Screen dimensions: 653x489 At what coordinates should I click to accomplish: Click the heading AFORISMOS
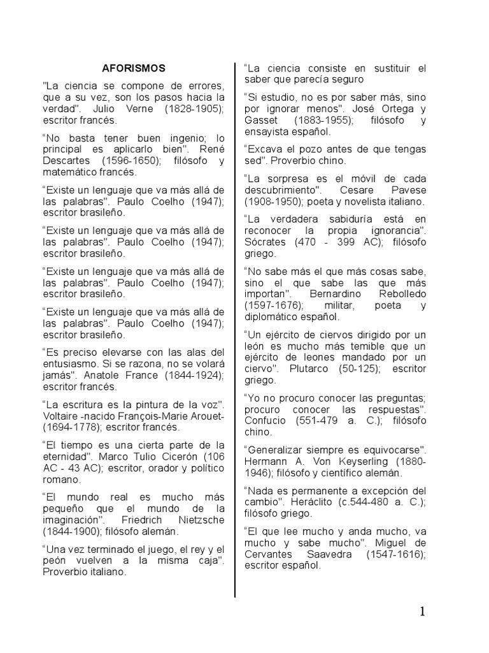point(134,68)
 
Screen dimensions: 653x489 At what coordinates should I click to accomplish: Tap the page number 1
point(422,612)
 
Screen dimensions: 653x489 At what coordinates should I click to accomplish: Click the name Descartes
point(66,161)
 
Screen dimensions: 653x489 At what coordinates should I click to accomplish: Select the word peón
point(55,560)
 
